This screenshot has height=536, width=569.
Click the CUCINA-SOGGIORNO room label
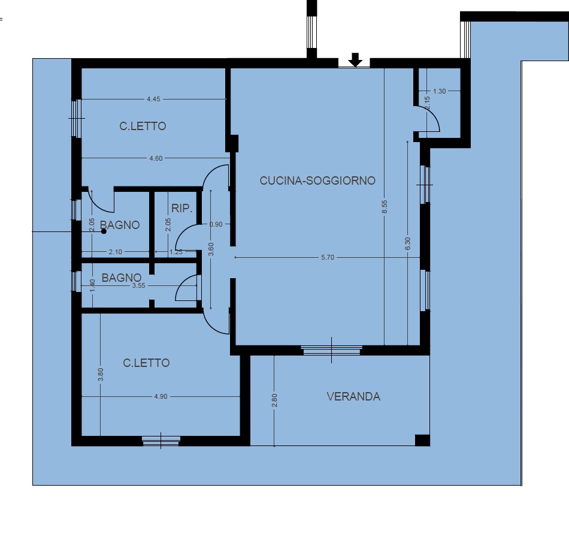point(317,180)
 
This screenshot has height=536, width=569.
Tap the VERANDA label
point(353,396)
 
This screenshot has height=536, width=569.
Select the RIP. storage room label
point(181,208)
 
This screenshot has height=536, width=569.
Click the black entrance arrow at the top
point(355,60)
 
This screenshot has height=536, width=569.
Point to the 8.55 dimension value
point(385,207)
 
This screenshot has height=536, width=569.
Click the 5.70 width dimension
point(327,257)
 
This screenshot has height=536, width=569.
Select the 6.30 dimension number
point(407,243)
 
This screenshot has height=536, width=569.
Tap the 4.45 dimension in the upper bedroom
point(153,99)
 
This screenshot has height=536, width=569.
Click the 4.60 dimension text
point(156,158)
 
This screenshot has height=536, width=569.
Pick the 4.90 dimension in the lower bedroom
point(161,396)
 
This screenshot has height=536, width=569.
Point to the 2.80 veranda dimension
point(274,400)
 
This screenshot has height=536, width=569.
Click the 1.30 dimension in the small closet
point(440,91)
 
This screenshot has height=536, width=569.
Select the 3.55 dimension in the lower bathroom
point(138,285)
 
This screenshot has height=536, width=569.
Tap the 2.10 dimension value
point(116,252)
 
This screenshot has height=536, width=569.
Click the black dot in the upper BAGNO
point(104,231)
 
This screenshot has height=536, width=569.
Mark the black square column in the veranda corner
point(422,440)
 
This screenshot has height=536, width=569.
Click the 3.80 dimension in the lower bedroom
point(101,374)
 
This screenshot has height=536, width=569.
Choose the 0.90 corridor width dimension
point(216,224)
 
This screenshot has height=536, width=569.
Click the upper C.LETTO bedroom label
point(143,126)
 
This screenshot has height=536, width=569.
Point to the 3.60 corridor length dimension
point(211,249)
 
